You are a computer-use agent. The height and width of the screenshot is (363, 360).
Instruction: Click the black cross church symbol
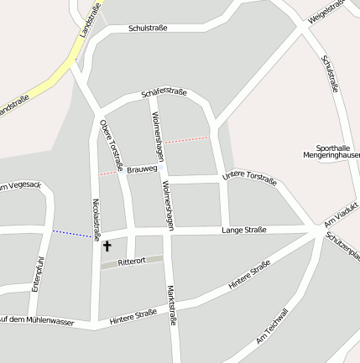pyautogui.click(x=107, y=246)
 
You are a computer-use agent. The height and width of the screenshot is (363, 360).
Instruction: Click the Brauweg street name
pyautogui.click(x=142, y=169)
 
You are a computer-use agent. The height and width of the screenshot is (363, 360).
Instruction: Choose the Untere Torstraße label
pyautogui.click(x=249, y=177)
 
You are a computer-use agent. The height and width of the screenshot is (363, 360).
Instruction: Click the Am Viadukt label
pyautogui.click(x=341, y=214)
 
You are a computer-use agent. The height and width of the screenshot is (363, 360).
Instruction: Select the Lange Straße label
pyautogui.click(x=244, y=230)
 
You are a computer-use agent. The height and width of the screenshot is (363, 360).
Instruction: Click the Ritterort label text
pyautogui.click(x=132, y=262)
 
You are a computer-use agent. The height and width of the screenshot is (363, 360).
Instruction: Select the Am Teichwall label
pyautogui.click(x=273, y=326)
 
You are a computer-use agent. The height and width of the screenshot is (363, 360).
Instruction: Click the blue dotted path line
pyautogui.click(x=72, y=233)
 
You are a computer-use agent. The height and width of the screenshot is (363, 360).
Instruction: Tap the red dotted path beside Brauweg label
pyautogui.click(x=108, y=173)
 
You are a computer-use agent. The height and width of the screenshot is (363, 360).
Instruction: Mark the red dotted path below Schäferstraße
pyautogui.click(x=186, y=140)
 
